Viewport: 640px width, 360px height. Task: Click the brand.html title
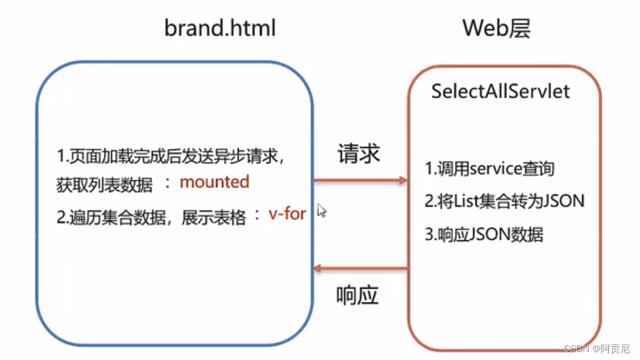click(x=219, y=28)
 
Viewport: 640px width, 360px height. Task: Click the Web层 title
click(x=496, y=28)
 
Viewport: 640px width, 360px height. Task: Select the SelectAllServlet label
click(x=500, y=91)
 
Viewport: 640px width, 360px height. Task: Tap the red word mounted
click(x=215, y=182)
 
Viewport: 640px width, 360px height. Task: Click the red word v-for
click(x=287, y=214)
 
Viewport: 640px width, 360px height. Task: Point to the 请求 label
click(x=359, y=153)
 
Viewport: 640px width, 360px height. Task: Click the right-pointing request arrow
click(x=360, y=180)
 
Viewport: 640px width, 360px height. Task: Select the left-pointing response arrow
click(x=360, y=268)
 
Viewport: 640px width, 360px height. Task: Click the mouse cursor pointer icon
click(x=321, y=211)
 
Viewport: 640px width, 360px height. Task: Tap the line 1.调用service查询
click(x=489, y=168)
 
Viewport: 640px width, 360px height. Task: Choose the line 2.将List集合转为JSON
click(x=504, y=201)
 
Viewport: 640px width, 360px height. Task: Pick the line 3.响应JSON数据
click(x=484, y=234)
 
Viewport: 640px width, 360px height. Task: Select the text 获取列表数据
click(x=104, y=184)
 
